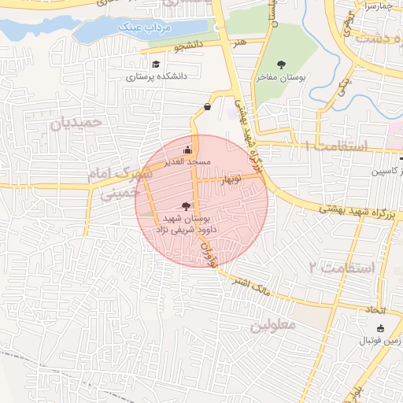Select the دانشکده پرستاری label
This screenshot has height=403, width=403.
[156, 78]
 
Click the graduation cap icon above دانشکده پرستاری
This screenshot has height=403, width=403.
[156, 65]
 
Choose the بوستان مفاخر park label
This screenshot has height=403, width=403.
[282, 79]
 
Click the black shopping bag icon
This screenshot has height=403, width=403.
[207, 106]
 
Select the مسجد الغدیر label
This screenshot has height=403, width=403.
[186, 161]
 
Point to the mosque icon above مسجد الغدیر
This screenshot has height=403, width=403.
[187, 150]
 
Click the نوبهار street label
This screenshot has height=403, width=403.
[231, 179]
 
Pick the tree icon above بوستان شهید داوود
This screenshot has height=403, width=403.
[186, 204]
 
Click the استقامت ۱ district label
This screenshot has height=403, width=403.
[335, 146]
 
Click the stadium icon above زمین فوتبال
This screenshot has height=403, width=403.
[382, 328]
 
